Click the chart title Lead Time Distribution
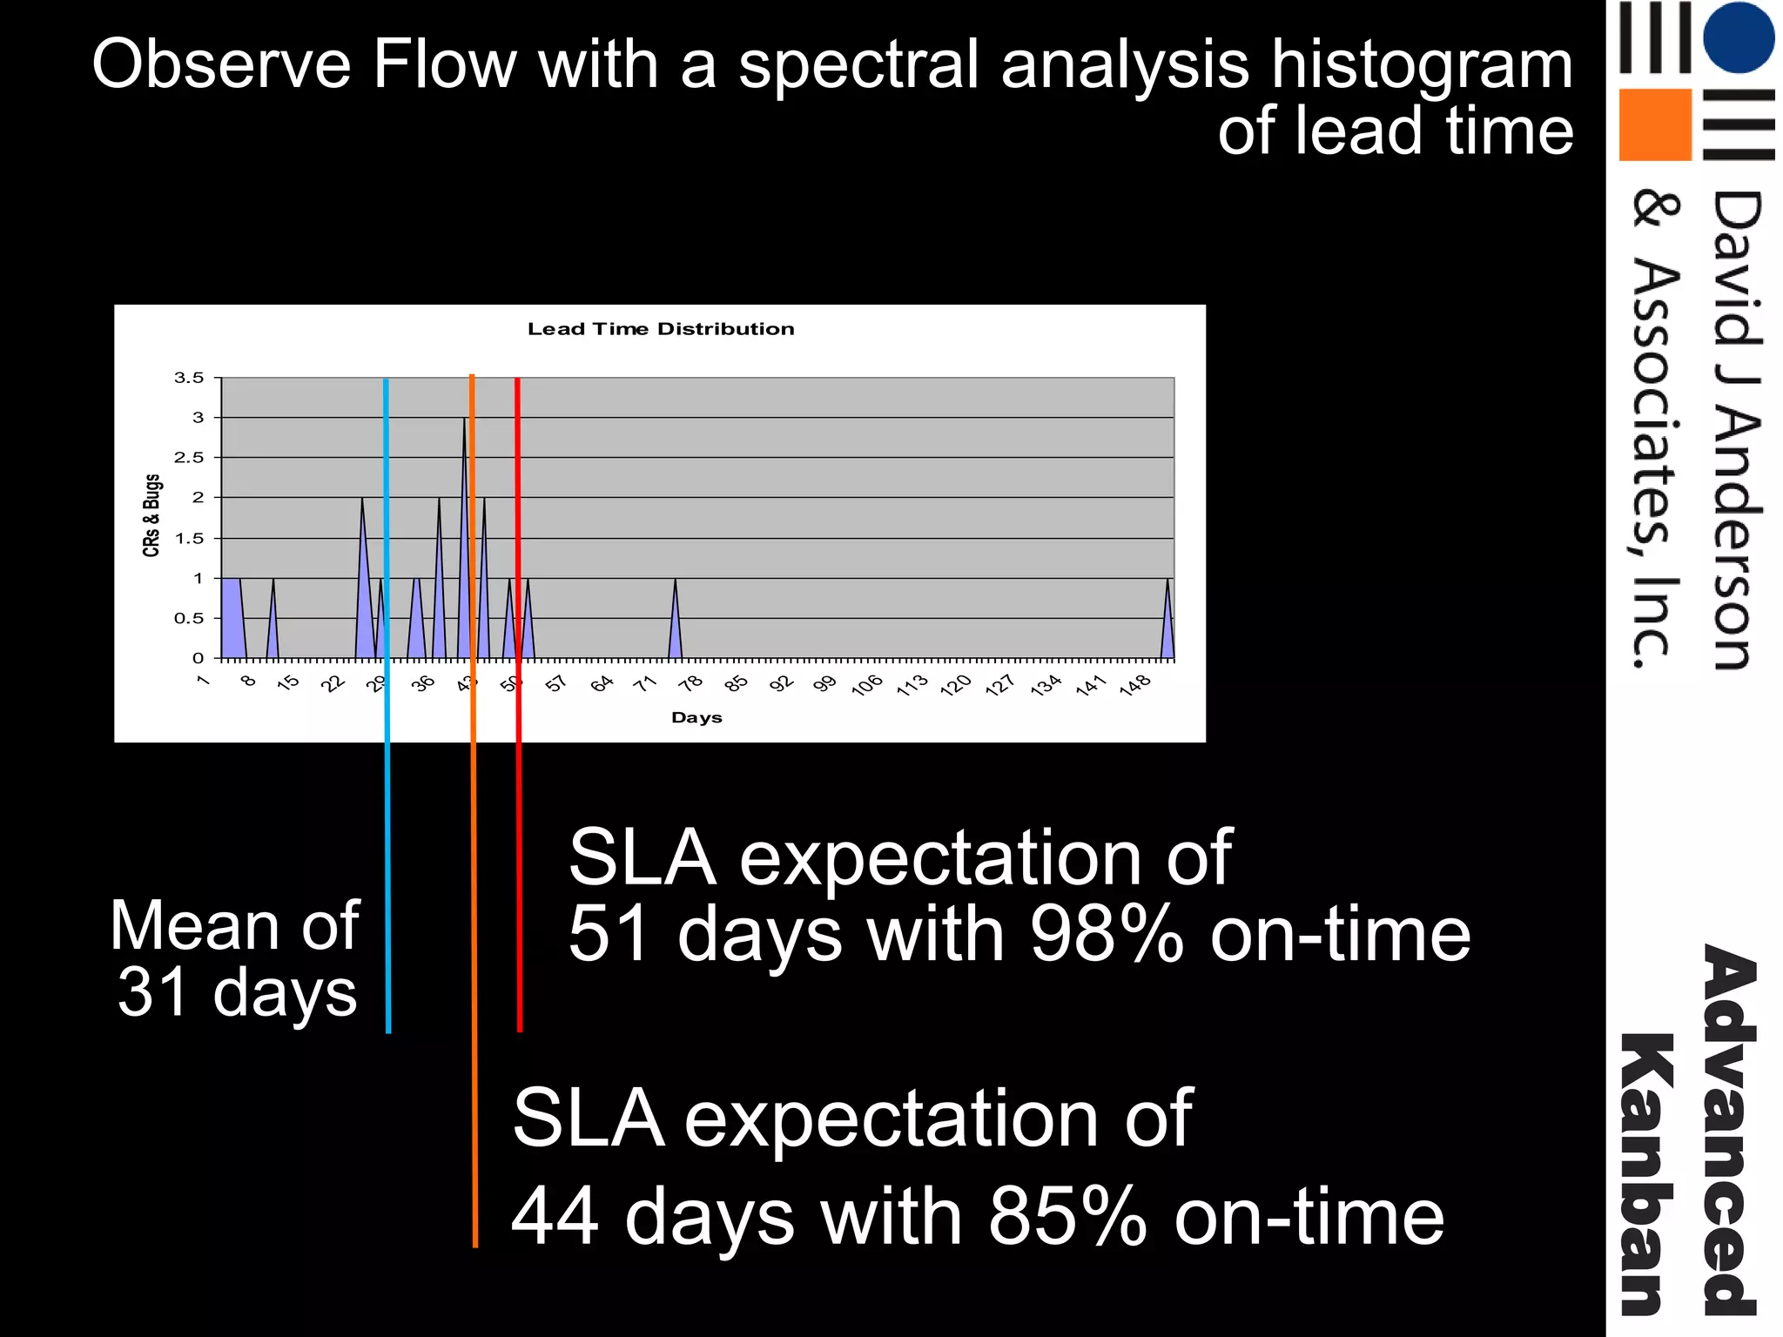pos(661,329)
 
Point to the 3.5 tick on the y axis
pos(189,378)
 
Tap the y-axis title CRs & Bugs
pos(151,515)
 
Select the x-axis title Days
pos(696,717)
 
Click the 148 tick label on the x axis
pos(1135,685)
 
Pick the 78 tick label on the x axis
pos(691,683)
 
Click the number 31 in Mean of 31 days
pos(152,992)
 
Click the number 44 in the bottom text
pos(555,1216)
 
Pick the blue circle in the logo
pos(1738,37)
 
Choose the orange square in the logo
pos(1654,124)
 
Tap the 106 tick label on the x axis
pos(867,685)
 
